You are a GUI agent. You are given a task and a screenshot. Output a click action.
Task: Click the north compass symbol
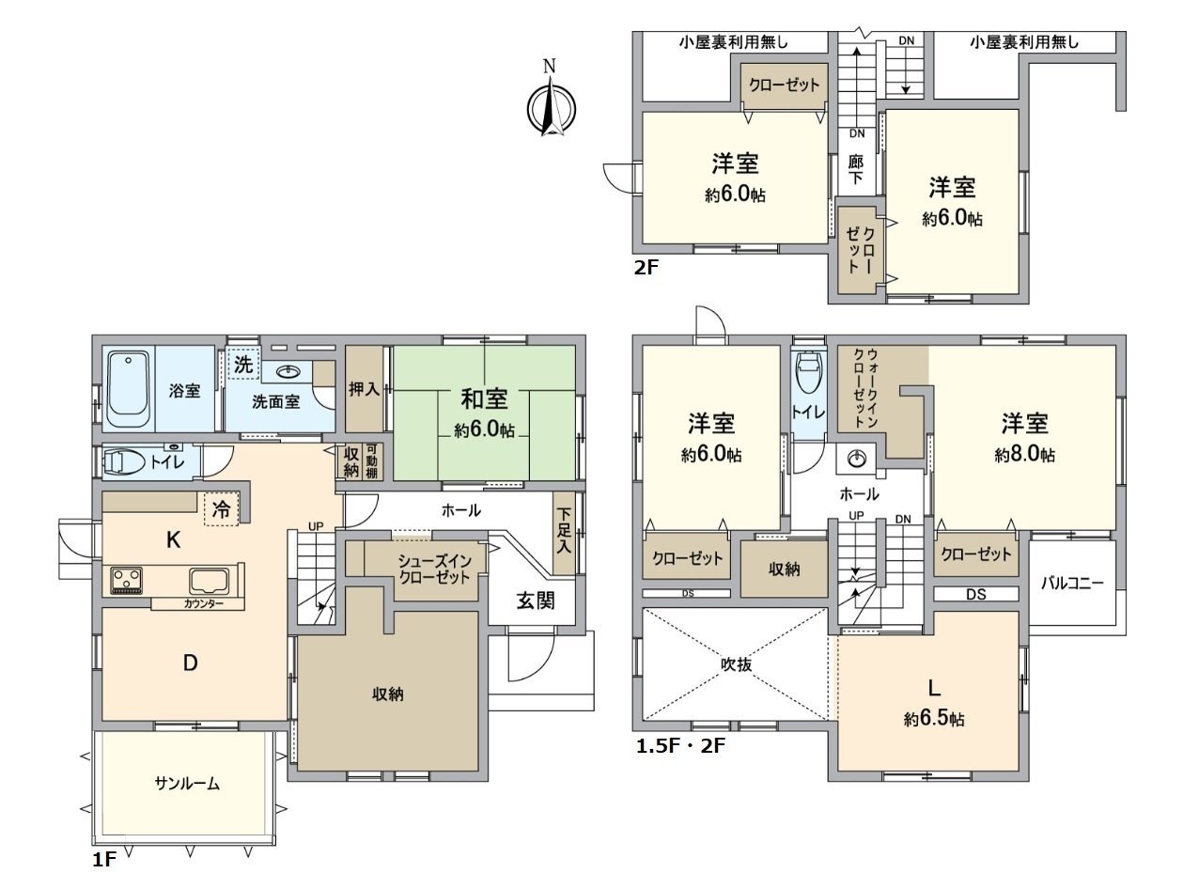(550, 106)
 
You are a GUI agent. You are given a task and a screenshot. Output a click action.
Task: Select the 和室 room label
(484, 399)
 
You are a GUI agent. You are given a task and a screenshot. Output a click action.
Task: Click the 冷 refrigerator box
(222, 510)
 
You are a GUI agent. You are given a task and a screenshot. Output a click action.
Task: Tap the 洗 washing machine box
(242, 366)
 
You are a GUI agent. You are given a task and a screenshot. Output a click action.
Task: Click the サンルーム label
(187, 784)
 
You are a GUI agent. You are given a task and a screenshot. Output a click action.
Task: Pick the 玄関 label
(534, 600)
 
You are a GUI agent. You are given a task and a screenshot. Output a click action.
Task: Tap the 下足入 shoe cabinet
(564, 534)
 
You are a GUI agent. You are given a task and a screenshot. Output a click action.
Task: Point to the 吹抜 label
(735, 663)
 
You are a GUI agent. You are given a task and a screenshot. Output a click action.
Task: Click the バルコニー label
(1071, 582)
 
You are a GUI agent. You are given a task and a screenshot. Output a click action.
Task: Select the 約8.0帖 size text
(1024, 455)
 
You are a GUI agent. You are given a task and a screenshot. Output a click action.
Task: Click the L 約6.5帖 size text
(934, 719)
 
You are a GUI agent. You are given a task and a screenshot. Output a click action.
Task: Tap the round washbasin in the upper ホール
(856, 460)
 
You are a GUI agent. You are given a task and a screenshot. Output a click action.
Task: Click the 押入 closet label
(365, 388)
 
